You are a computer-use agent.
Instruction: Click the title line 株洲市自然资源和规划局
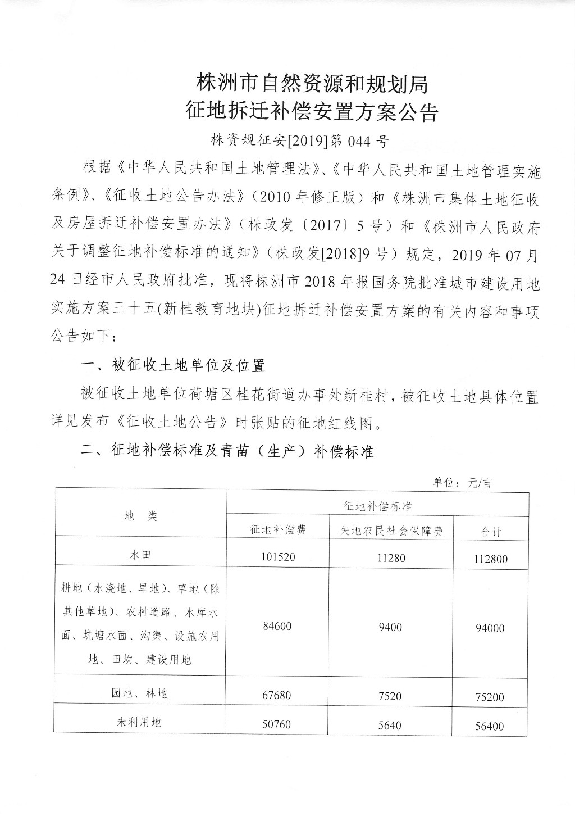[x=312, y=84]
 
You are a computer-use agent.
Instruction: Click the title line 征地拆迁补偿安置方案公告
[x=312, y=113]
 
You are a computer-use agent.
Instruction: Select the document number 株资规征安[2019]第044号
[x=300, y=140]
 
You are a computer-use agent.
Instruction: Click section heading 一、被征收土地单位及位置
[x=174, y=366]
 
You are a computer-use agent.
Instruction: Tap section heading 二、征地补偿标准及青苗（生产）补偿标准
[x=227, y=451]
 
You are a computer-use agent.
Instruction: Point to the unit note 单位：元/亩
[x=462, y=483]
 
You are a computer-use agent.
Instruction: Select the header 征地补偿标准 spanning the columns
[x=378, y=506]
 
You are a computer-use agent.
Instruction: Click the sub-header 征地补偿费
[x=277, y=530]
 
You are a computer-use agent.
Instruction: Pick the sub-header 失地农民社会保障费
[x=390, y=530]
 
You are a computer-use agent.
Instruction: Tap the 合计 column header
[x=491, y=531]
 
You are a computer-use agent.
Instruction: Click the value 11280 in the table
[x=390, y=557]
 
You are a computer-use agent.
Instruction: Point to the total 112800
[x=490, y=559]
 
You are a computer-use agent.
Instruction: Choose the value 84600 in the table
[x=277, y=625]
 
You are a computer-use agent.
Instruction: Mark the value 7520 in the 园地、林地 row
[x=390, y=696]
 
